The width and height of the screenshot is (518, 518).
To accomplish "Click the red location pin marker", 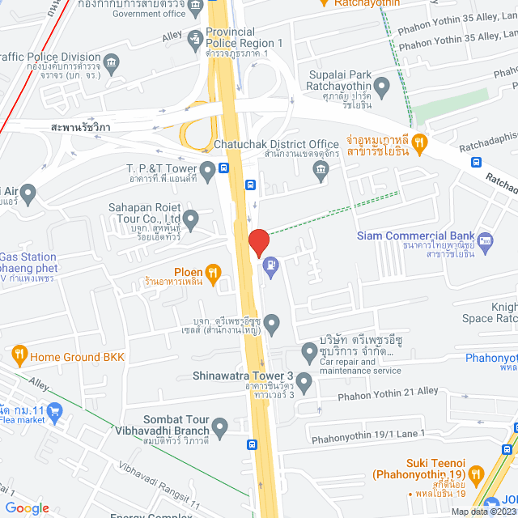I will [258, 242].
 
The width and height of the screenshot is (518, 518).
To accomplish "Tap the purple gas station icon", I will [270, 263].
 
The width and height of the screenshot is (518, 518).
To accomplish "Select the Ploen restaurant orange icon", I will [213, 273].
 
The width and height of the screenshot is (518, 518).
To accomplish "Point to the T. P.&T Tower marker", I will [208, 170].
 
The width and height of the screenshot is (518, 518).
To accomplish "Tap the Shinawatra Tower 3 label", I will [244, 376].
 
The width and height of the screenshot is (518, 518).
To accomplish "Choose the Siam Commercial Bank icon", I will [485, 240].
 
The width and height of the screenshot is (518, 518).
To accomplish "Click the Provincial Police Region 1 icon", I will [195, 37].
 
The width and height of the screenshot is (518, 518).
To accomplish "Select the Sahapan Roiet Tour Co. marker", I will [191, 219].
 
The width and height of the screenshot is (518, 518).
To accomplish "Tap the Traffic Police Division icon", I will [112, 62].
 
